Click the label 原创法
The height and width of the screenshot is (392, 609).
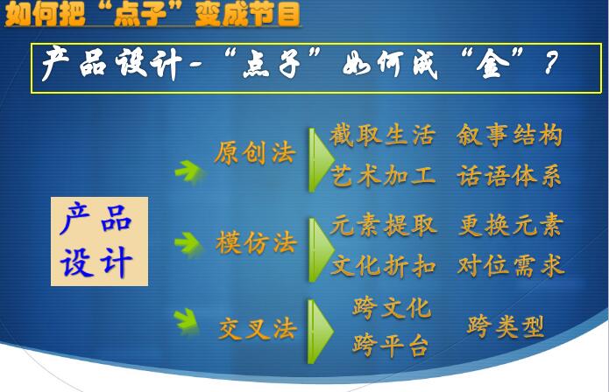(x=255, y=153)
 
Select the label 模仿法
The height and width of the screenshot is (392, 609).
(x=257, y=242)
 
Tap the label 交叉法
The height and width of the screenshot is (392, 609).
(x=258, y=329)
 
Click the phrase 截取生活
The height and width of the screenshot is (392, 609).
(x=382, y=136)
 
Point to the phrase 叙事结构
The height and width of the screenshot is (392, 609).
(x=509, y=136)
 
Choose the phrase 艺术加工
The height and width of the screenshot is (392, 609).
(x=383, y=176)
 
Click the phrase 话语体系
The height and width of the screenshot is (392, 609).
(x=509, y=176)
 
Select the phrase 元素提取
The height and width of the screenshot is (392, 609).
(x=383, y=225)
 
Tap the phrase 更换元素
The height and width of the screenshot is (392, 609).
(x=511, y=225)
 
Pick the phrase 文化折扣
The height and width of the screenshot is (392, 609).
(x=383, y=266)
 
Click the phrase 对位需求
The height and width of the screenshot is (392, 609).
(x=511, y=266)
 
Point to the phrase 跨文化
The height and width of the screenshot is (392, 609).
(x=392, y=308)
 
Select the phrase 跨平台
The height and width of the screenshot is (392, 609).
(x=391, y=345)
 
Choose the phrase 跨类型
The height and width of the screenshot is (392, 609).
(x=505, y=326)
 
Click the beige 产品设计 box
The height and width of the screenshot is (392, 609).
(x=99, y=241)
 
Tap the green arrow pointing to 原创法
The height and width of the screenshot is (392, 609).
(x=188, y=171)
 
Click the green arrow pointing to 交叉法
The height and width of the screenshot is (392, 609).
(x=187, y=320)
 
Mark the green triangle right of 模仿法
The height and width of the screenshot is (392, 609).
(x=322, y=249)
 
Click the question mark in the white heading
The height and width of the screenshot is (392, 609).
(x=551, y=63)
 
